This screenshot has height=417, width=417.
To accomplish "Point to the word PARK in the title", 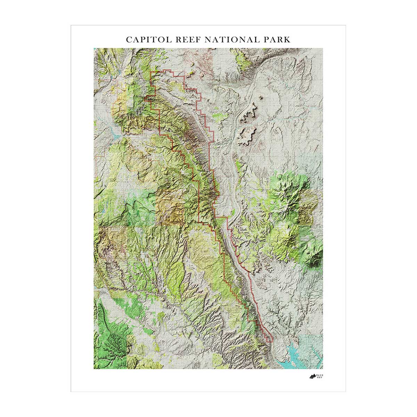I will tap(277, 39).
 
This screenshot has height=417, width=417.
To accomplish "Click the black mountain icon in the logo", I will tap(312, 376).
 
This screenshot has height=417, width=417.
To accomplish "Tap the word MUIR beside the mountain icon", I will tap(320, 375).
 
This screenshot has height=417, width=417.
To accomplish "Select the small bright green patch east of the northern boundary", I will tap(219, 116).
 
